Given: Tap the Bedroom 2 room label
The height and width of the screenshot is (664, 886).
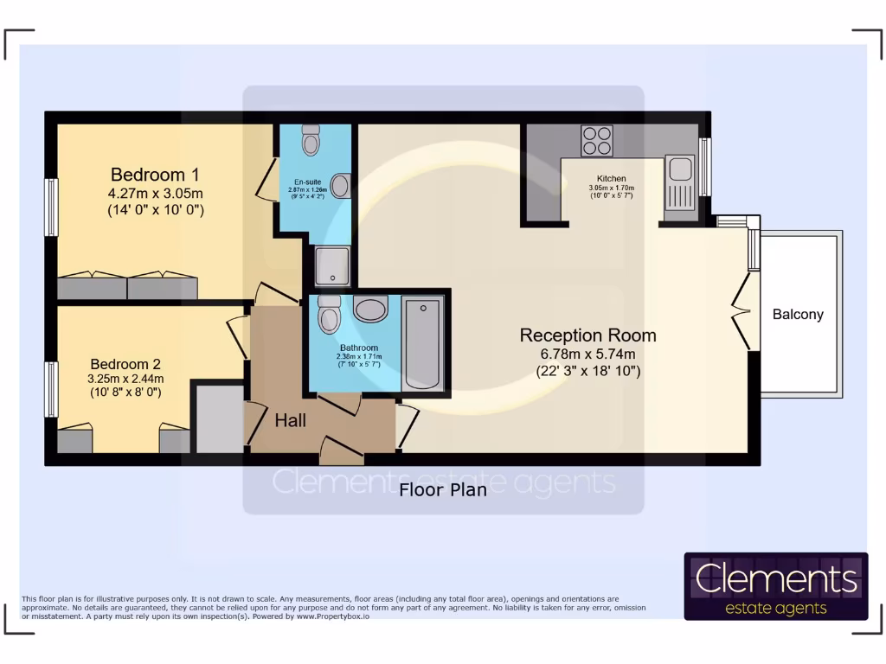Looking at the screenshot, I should coord(125,365).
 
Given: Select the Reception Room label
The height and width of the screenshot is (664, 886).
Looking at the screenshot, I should coord(587,335).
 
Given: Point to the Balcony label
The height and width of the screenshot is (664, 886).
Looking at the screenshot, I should coord(797,315).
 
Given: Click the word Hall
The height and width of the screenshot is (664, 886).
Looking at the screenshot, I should coord(290,421).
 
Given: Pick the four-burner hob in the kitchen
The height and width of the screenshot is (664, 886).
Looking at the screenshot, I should coord(596,140).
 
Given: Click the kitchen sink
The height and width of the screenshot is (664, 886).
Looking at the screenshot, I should coord(679,169).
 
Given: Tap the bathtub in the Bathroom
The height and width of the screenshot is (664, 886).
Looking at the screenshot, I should coord(423,343).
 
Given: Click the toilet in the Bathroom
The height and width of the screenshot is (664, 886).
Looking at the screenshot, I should coord(329,315).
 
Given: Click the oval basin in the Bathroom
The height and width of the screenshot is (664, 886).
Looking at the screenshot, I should coord(370,309).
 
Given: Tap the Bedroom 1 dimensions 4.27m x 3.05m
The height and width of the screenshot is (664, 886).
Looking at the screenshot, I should coord(156,193).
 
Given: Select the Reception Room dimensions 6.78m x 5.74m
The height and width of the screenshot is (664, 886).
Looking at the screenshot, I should coord(587,354).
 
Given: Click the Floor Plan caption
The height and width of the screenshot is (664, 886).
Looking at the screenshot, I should coord(442,490).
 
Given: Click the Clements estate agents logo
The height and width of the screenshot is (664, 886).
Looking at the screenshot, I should coord(775,586).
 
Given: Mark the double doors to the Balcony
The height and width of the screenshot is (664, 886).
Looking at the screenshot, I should coord(741,309).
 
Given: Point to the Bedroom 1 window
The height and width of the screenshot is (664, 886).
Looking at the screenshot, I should coord(52,207).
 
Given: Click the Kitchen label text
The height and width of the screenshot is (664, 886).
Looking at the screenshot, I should coord(611,179).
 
